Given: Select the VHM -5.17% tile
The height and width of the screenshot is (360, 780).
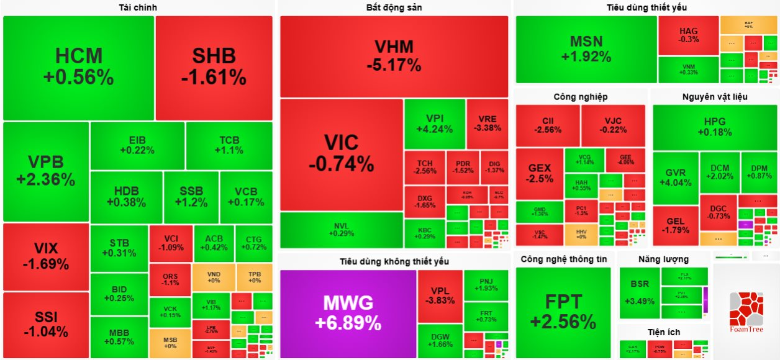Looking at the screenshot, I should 394,56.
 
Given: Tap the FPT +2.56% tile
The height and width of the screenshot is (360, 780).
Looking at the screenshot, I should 563,312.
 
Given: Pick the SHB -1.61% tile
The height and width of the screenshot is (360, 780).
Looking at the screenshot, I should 214,67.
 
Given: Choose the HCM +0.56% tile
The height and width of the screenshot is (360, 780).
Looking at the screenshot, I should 78,67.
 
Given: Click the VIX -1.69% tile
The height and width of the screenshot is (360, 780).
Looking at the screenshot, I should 46,256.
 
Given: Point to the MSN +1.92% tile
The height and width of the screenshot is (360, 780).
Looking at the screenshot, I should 586,49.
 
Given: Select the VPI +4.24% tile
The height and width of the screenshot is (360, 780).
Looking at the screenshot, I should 434,124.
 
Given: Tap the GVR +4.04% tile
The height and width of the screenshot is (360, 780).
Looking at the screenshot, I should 675,178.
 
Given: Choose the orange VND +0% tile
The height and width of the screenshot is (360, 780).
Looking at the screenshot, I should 213,277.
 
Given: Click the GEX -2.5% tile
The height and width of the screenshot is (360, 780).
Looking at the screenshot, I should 540,173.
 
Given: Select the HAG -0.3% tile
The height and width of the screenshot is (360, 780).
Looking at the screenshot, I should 689,35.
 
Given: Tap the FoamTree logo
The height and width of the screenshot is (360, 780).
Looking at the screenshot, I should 745,310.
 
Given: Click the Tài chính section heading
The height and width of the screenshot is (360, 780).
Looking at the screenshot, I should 138,7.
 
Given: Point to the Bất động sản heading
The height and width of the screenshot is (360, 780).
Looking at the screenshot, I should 394,7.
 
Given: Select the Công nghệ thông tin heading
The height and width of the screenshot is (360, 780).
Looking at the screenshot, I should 564,259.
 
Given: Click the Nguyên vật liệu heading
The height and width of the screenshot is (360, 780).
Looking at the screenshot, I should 715,97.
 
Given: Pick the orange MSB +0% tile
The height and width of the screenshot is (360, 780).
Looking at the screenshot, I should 170,343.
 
